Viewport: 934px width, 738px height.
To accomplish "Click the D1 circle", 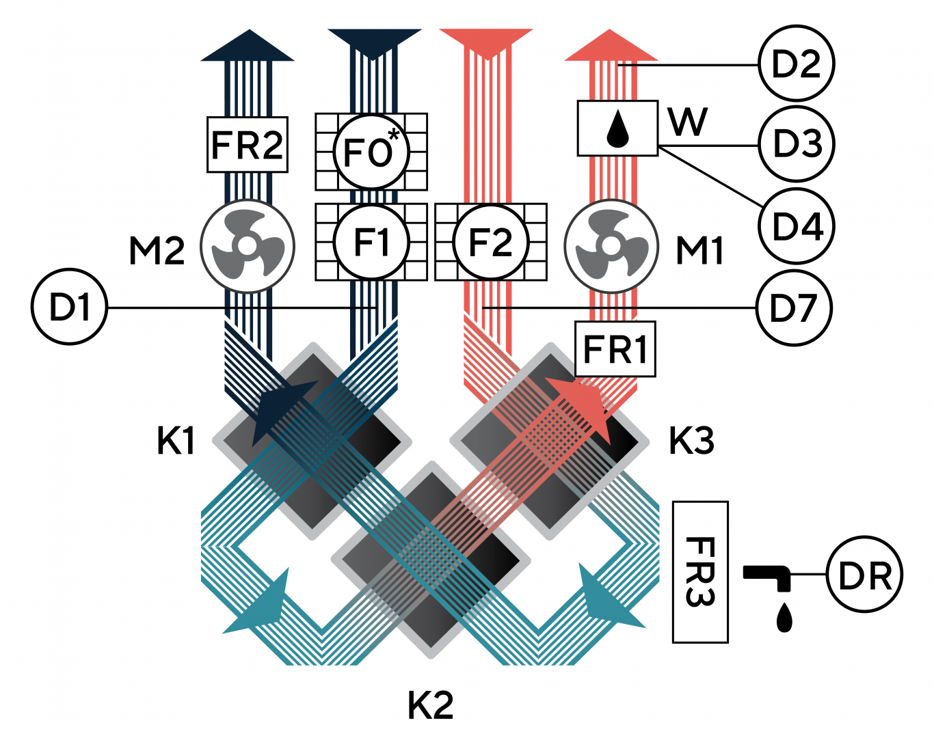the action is (70, 307).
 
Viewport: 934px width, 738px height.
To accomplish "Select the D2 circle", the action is (797, 64).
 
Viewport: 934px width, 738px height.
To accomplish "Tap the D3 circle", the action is (797, 144).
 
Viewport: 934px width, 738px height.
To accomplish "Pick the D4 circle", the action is (797, 225).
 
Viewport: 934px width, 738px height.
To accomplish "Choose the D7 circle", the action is (795, 307).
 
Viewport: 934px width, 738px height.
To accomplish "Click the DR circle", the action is (865, 575).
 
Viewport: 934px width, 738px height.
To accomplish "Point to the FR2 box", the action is (248, 144).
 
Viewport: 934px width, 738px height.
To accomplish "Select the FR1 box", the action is (615, 348).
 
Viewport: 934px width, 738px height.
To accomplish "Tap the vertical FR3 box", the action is (700, 572).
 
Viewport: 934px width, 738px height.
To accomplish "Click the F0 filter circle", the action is (372, 152).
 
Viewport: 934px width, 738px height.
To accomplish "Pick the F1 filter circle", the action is (372, 242).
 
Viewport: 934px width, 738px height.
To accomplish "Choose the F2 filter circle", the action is (491, 242).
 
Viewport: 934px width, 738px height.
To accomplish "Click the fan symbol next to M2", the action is (248, 246).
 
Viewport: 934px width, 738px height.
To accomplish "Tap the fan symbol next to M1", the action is (611, 246).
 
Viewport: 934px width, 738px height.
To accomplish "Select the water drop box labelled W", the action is (617, 128).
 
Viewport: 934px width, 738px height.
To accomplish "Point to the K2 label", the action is (431, 706).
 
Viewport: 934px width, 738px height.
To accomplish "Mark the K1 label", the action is (176, 441).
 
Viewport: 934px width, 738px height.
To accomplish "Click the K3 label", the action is (691, 441).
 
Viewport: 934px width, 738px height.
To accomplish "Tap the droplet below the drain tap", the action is (784, 618).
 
